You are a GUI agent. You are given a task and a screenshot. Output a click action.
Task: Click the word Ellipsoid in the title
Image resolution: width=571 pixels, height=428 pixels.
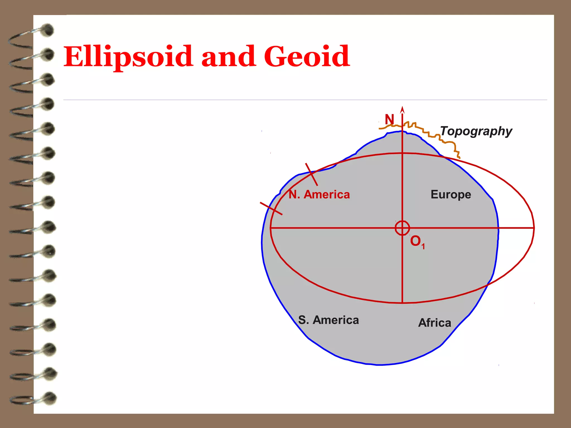(128, 57)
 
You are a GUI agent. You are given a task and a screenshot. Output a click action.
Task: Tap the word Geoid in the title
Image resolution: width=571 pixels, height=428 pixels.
(307, 56)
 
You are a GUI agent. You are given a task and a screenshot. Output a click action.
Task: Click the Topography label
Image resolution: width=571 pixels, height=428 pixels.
(476, 131)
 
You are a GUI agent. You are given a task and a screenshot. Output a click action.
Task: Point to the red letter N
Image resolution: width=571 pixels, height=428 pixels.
(389, 120)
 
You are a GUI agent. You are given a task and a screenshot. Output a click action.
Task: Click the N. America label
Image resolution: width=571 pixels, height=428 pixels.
(319, 194)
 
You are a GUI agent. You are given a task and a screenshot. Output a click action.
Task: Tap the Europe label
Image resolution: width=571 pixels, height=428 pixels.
(451, 194)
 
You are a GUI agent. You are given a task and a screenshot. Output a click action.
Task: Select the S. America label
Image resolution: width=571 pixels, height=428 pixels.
(328, 320)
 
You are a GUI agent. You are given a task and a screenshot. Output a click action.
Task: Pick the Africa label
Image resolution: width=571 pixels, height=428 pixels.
(435, 323)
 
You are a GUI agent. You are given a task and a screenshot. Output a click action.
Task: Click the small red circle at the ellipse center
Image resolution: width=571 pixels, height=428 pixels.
(402, 228)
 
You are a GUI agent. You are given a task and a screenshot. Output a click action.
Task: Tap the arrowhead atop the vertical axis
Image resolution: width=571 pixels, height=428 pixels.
(402, 110)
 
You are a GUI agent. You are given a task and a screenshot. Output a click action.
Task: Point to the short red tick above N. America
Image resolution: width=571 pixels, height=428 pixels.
(311, 174)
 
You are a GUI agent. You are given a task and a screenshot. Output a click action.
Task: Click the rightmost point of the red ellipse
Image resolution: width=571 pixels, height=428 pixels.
(534, 228)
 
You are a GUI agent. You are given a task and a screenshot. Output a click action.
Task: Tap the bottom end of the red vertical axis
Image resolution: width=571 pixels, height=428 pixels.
(402, 303)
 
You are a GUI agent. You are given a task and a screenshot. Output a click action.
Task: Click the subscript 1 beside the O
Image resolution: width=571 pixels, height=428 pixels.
(423, 247)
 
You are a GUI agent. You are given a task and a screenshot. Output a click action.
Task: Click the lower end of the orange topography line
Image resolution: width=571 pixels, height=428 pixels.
(459, 158)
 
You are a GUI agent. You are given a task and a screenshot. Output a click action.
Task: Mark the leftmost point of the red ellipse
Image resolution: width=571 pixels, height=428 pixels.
(270, 228)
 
